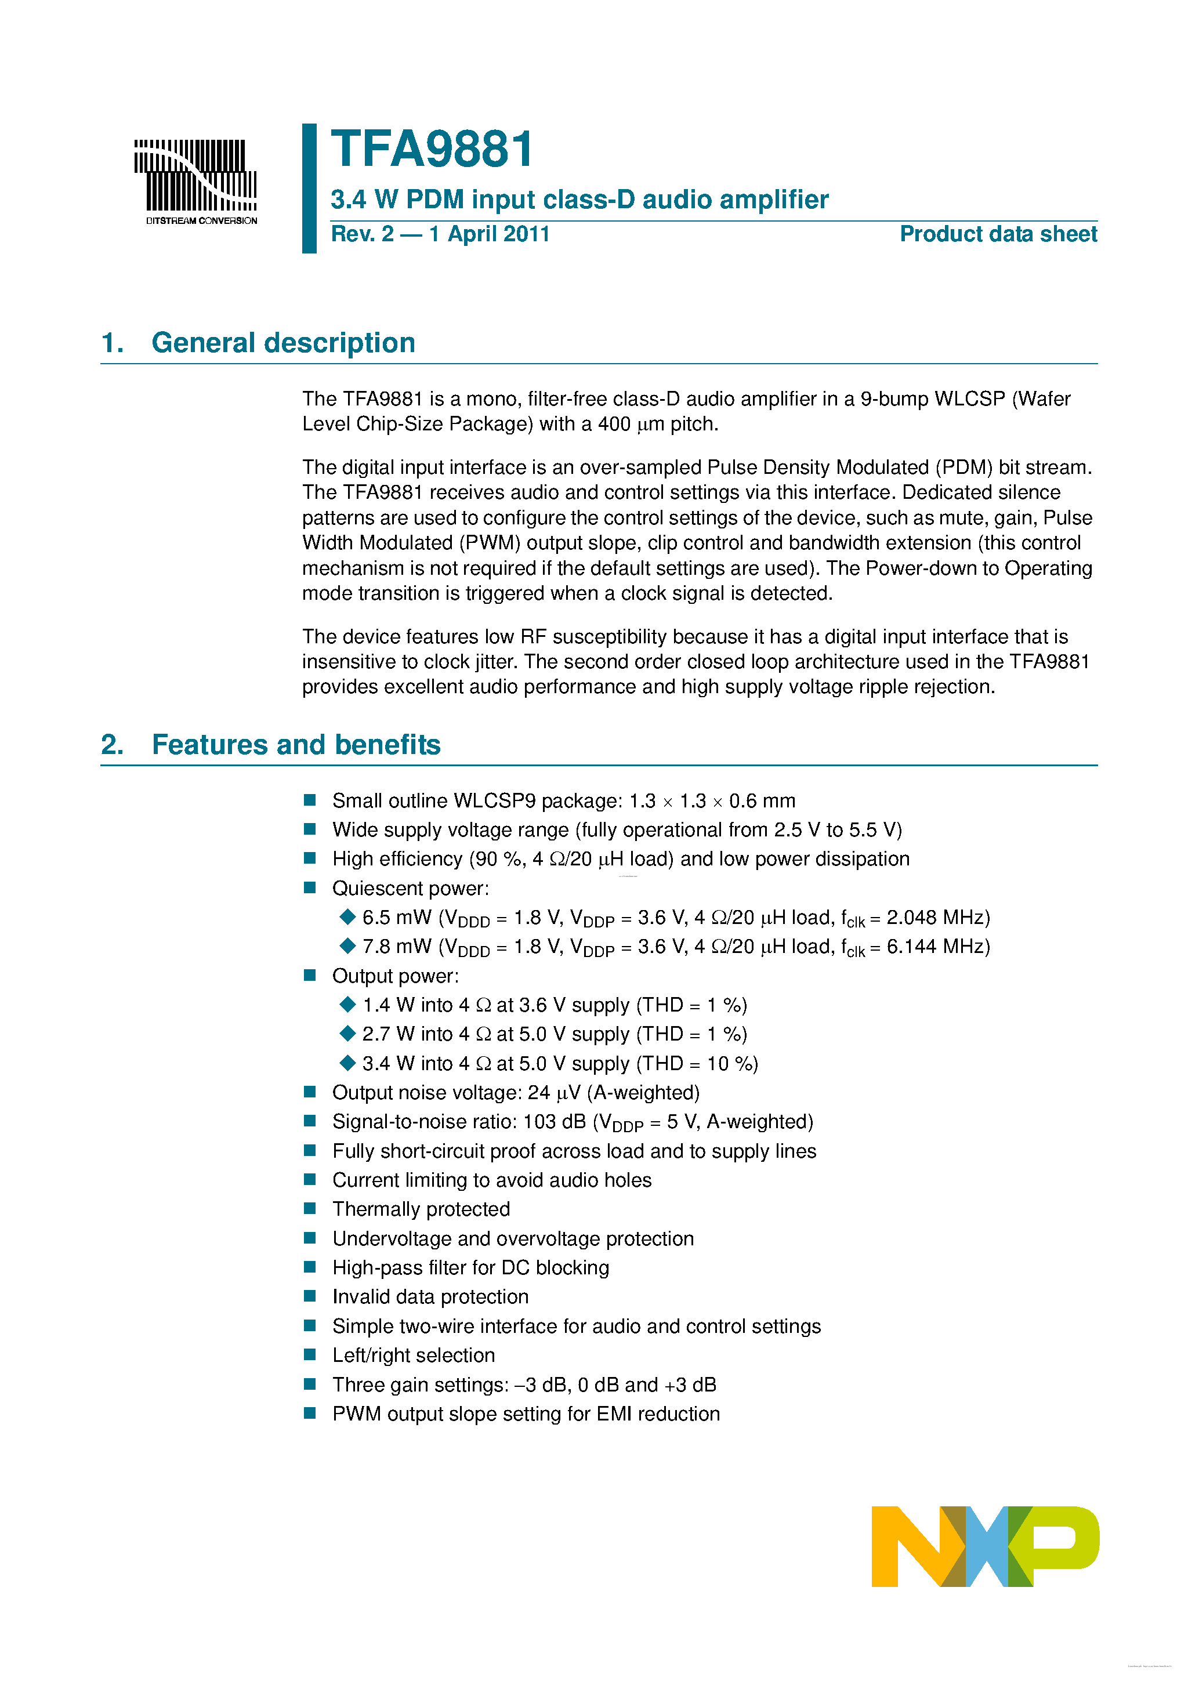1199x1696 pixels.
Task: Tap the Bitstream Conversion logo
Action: click(195, 181)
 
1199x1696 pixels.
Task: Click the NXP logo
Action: click(985, 1546)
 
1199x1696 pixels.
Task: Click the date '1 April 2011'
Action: click(489, 234)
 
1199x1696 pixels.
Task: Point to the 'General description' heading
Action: click(283, 343)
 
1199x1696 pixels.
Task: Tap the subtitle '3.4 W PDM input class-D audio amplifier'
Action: click(579, 200)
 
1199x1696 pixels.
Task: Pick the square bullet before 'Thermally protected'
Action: click(310, 1208)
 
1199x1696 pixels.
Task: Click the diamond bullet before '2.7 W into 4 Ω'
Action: click(347, 1034)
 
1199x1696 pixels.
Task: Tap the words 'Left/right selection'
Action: click(413, 1355)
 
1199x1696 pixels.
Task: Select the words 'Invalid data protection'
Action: click(430, 1296)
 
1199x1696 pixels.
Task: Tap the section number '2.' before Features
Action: click(113, 745)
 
